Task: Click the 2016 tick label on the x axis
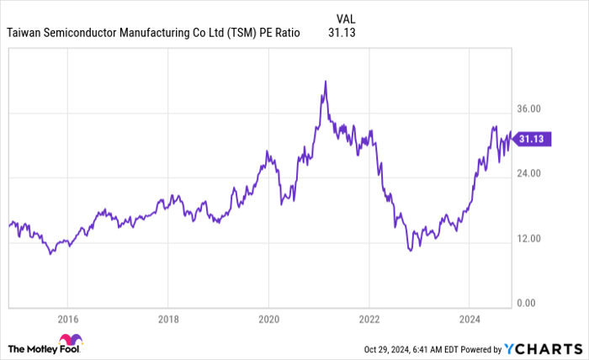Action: [x=67, y=319]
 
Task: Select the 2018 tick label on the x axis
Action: [x=168, y=319]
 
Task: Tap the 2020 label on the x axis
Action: [x=268, y=319]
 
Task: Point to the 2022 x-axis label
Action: [x=369, y=319]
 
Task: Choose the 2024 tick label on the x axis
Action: [x=470, y=319]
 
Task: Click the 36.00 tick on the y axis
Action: [x=528, y=109]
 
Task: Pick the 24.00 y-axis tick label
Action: [x=528, y=174]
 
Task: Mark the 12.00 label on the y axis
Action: [x=528, y=239]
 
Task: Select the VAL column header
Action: [x=345, y=17]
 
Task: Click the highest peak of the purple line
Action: [x=325, y=82]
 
